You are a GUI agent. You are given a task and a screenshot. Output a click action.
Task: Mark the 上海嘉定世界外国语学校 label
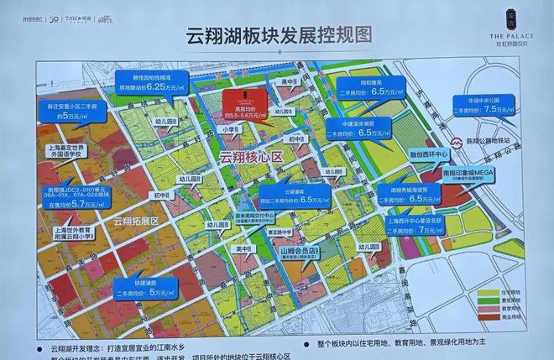pyautogui.click(x=66, y=153)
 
